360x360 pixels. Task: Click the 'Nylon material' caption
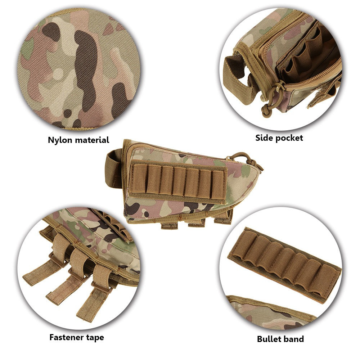pyautogui.click(x=78, y=140)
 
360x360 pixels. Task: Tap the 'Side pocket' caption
pyautogui.click(x=279, y=138)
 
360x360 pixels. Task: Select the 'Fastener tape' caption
pyautogui.click(x=76, y=337)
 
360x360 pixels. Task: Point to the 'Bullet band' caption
pyautogui.click(x=280, y=339)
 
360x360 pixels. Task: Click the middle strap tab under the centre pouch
pyautogui.click(x=196, y=223)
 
